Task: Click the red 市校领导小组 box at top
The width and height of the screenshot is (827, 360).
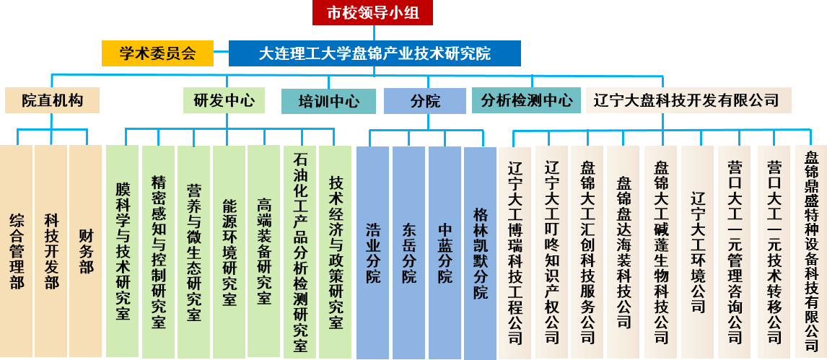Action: coord(374,12)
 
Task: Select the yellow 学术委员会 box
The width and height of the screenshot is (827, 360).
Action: coord(157,53)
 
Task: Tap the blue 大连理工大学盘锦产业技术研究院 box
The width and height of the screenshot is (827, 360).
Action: coord(375,53)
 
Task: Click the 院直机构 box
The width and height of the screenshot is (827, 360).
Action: coord(52,100)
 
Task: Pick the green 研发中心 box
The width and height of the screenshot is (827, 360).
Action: coord(224,100)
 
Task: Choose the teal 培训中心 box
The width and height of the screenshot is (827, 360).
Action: coord(329,101)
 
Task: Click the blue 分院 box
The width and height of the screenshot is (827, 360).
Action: coord(425,101)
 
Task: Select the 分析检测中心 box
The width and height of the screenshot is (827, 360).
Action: coord(526,100)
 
